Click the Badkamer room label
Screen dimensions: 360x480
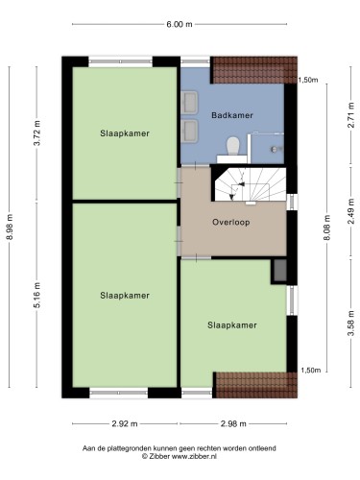click(232, 115)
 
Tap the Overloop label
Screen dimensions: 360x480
click(231, 222)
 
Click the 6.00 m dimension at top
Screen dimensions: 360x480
click(180, 24)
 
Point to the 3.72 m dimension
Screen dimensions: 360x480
click(37, 132)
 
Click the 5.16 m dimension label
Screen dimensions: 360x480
click(37, 295)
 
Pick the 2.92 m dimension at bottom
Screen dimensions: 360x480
click(125, 423)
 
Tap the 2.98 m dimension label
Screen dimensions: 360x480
click(233, 423)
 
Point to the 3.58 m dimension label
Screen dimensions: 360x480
click(351, 324)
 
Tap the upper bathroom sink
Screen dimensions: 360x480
click(189, 102)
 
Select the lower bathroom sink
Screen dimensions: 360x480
click(189, 131)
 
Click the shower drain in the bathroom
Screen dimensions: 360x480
click(275, 149)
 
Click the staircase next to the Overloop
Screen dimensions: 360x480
click(250, 185)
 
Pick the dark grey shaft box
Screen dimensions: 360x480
click(280, 271)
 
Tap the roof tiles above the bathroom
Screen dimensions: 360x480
click(255, 70)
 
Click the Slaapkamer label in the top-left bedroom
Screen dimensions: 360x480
click(125, 133)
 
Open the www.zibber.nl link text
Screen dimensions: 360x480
click(194, 457)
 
